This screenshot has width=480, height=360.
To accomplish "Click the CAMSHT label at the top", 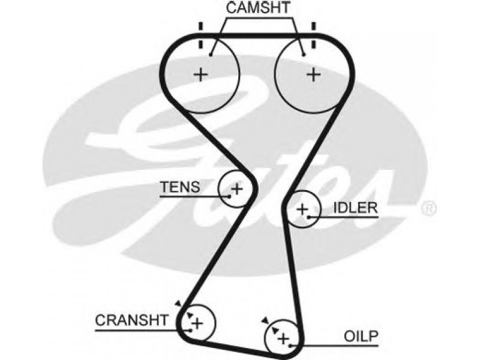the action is [258, 8].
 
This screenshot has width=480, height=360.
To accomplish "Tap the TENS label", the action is [181, 187].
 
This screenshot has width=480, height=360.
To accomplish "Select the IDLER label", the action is [355, 208].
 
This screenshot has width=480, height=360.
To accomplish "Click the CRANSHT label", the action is [131, 320].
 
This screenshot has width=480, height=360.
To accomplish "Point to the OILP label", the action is [361, 336].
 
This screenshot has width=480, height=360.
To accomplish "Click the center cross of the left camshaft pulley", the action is [201, 74].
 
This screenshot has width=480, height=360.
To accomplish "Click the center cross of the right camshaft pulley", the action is [313, 74].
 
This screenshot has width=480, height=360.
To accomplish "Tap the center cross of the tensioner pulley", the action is [236, 188].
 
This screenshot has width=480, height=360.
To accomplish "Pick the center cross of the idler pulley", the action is [302, 209].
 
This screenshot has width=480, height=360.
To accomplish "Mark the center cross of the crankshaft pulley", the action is [197, 323].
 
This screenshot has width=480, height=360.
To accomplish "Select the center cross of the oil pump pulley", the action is [283, 339].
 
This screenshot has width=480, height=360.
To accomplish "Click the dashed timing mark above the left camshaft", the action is [200, 35].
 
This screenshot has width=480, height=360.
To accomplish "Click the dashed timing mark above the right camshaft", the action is [313, 35].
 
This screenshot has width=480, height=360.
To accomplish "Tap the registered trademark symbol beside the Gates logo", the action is [429, 208].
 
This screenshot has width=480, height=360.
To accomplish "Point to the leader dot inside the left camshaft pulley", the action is [211, 55].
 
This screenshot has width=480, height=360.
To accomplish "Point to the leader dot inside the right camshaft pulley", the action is [304, 55].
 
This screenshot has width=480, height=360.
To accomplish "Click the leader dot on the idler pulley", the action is [309, 217].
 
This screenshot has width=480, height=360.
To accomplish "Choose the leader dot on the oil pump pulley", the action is [290, 346].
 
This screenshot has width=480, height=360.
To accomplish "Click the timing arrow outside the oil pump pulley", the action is [265, 320].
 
